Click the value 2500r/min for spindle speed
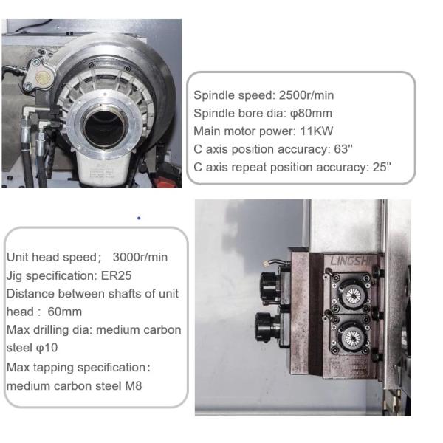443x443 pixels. [306, 95]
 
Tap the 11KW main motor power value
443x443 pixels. [317, 131]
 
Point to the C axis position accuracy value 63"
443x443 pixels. [343, 149]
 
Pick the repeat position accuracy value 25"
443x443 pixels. [382, 167]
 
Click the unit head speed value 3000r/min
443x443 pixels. [140, 257]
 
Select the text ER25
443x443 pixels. [116, 275]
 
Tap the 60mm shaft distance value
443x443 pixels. [65, 312]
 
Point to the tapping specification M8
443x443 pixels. [133, 385]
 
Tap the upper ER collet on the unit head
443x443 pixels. [353, 295]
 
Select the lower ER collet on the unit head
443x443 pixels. [352, 337]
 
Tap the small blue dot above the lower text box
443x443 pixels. [139, 218]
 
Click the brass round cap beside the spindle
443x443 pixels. [43, 77]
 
